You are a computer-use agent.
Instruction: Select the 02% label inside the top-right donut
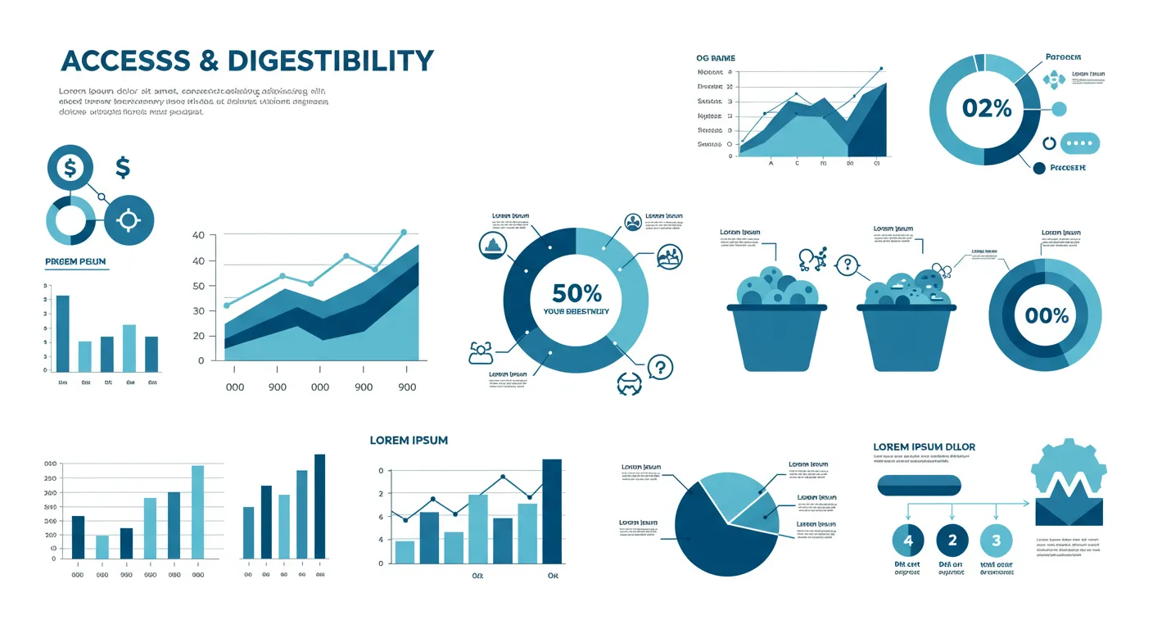click(987, 108)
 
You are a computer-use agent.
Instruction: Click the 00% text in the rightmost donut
click(1041, 315)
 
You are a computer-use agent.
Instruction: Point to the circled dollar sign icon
click(70, 168)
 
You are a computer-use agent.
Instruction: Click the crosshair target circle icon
click(129, 220)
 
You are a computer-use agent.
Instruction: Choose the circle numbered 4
click(907, 540)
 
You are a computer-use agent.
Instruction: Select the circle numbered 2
click(952, 540)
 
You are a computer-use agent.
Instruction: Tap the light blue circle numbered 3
click(996, 540)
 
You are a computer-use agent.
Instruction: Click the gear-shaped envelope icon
click(1069, 483)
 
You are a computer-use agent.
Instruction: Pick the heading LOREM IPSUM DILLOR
click(924, 447)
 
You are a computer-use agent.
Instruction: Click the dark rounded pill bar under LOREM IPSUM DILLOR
click(919, 486)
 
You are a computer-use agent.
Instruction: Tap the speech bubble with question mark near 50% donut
click(659, 367)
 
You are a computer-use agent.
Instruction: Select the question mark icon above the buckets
click(847, 265)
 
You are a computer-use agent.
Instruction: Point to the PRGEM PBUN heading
click(76, 262)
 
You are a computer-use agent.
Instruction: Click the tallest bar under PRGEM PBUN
click(62, 332)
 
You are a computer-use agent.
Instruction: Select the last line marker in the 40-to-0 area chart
click(404, 233)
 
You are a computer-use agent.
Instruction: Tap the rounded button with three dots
click(1081, 143)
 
